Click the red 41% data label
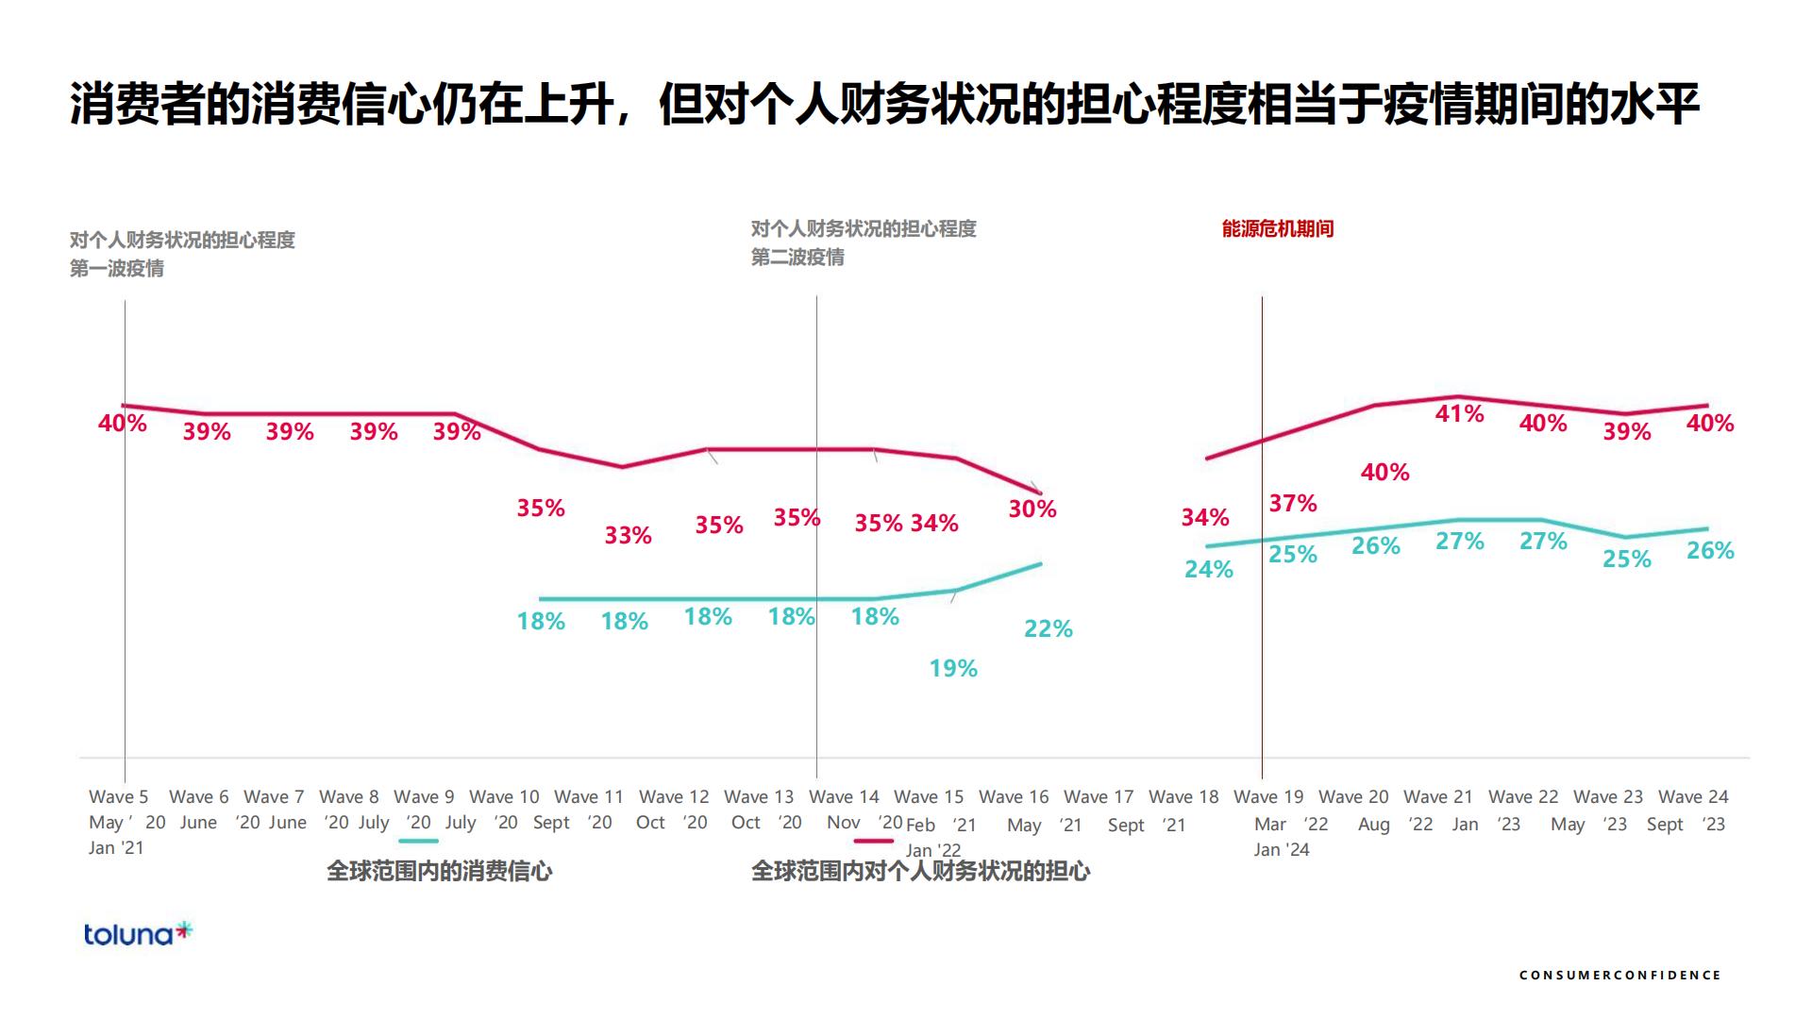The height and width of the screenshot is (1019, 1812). [x=1459, y=413]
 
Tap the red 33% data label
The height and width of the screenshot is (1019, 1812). [x=628, y=535]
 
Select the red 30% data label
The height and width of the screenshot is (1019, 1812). [x=1032, y=509]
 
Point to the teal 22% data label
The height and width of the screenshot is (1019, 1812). [x=1048, y=628]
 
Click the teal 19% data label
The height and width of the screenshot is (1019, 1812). [x=952, y=668]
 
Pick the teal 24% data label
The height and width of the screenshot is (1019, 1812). [x=1209, y=569]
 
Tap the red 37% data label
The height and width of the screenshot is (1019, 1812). [x=1292, y=503]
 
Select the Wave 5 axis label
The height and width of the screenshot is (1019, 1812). [x=118, y=797]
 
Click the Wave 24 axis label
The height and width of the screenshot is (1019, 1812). [x=1693, y=797]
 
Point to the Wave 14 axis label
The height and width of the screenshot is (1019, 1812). [x=844, y=797]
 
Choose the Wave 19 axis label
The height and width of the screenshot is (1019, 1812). [x=1268, y=797]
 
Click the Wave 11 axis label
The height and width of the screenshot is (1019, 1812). [x=589, y=797]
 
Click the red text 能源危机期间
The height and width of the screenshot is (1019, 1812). [x=1277, y=228]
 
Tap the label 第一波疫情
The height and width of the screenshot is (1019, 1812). [x=117, y=269]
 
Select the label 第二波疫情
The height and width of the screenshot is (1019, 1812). [x=797, y=258]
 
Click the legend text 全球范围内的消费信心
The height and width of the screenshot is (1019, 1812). [x=439, y=871]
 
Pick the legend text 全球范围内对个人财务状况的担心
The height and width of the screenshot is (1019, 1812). [x=920, y=871]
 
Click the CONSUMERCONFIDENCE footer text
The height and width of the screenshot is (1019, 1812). [x=1619, y=975]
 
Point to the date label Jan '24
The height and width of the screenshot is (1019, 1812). [x=1282, y=849]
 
